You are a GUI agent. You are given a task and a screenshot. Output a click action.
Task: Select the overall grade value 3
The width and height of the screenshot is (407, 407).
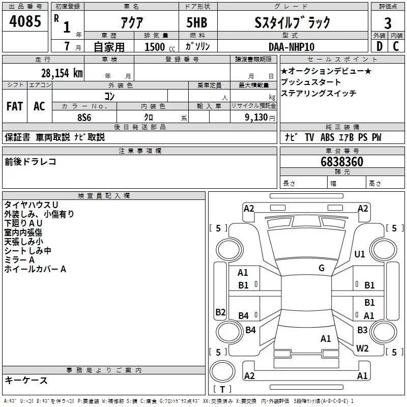[388, 23]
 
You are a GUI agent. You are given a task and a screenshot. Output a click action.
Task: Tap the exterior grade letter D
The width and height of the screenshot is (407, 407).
[379, 46]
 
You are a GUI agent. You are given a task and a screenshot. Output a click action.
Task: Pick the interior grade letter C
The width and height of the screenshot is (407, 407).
[396, 46]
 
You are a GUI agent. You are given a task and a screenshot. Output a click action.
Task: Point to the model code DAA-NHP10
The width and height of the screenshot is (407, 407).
[292, 46]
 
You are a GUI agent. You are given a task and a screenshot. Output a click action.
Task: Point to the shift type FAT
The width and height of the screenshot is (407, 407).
[14, 106]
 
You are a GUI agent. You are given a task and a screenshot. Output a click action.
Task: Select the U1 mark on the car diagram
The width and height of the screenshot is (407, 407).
[360, 254]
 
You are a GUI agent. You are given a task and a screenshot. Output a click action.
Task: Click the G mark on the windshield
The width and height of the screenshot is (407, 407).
[322, 268]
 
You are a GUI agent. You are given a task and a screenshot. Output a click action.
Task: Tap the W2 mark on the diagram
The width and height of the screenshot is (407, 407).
[362, 348]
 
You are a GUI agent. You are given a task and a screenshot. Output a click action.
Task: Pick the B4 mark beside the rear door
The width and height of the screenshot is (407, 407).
[243, 316]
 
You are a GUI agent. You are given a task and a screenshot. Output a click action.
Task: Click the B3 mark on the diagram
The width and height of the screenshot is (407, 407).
[362, 330]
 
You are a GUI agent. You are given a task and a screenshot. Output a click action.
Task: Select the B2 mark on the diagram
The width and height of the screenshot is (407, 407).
[220, 312]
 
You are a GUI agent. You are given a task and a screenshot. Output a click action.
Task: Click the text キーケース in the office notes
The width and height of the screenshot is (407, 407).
[26, 380]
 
